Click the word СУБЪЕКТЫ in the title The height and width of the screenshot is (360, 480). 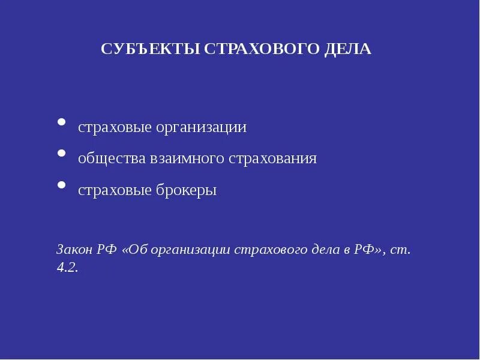(151, 49)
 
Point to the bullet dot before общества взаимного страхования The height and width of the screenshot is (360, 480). (61, 154)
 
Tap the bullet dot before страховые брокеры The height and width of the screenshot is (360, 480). (61, 185)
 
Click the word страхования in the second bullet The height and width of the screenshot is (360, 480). (272, 159)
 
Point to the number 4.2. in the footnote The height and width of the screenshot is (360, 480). (67, 268)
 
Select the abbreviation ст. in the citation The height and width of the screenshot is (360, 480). (400, 249)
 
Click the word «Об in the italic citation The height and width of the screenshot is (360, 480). (135, 249)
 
